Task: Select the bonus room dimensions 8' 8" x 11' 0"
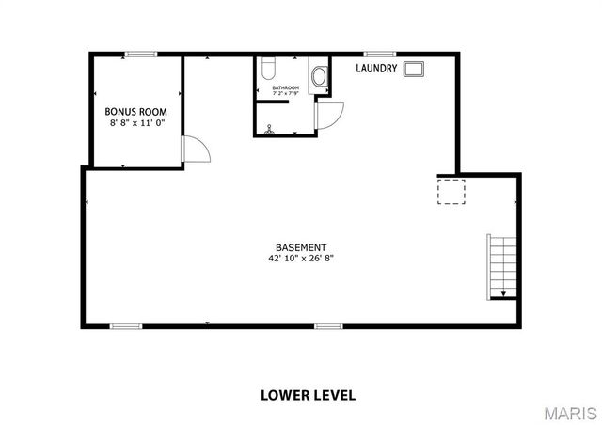pyautogui.click(x=135, y=122)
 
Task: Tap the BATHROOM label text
pyautogui.click(x=286, y=88)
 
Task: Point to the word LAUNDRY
pyautogui.click(x=374, y=69)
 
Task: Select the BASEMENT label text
pyautogui.click(x=301, y=247)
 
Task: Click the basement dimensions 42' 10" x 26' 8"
pyautogui.click(x=301, y=259)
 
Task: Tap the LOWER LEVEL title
pyautogui.click(x=308, y=395)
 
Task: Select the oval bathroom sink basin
pyautogui.click(x=319, y=76)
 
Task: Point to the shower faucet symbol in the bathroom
pyautogui.click(x=269, y=130)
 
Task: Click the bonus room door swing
pyautogui.click(x=195, y=150)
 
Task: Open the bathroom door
pyautogui.click(x=329, y=115)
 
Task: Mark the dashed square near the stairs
pyautogui.click(x=451, y=191)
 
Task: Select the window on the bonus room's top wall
pyautogui.click(x=141, y=55)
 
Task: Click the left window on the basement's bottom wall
pyautogui.click(x=126, y=326)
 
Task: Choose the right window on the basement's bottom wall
pyautogui.click(x=328, y=326)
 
